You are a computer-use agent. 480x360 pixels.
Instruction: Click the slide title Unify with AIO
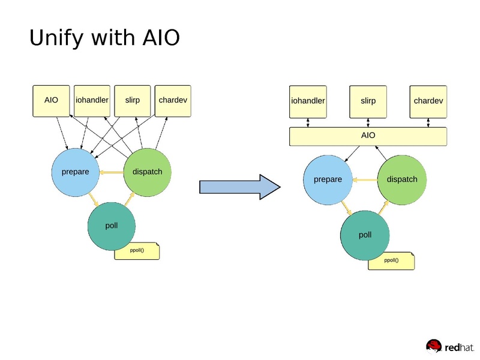click(x=104, y=38)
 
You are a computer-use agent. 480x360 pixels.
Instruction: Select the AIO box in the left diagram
click(x=52, y=100)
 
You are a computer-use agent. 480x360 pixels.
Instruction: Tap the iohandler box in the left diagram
click(x=92, y=100)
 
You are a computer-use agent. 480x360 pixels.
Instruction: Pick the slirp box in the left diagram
click(x=132, y=100)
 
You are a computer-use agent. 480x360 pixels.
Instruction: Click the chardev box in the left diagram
click(x=173, y=100)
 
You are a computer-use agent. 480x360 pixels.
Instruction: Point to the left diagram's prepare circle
click(x=76, y=172)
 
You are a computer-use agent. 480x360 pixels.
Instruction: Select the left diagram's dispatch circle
click(x=147, y=172)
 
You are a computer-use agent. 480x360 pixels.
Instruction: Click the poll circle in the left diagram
click(x=112, y=226)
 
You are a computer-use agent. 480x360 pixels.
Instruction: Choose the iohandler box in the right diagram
click(x=308, y=101)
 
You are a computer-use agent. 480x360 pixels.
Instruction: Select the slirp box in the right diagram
click(x=368, y=101)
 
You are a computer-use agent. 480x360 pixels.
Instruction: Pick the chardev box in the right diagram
click(x=428, y=101)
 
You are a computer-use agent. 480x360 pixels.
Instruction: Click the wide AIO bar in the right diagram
click(x=368, y=136)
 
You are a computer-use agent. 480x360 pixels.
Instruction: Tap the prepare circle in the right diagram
click(x=328, y=179)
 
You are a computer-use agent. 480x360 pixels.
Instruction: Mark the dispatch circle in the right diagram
click(x=401, y=179)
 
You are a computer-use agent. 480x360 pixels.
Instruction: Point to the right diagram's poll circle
click(x=365, y=235)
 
